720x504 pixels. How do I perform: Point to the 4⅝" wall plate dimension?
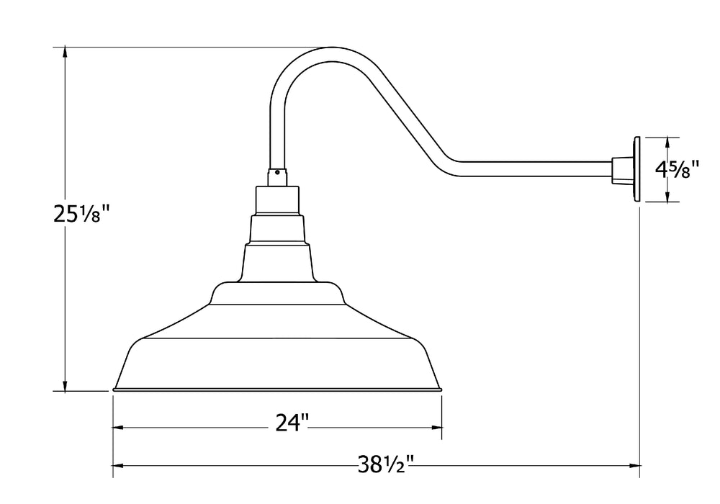click(678, 170)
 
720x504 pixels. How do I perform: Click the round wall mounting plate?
click(637, 169)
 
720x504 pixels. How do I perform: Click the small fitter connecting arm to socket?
click(278, 177)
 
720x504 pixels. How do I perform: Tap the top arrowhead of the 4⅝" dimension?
click(669, 142)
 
